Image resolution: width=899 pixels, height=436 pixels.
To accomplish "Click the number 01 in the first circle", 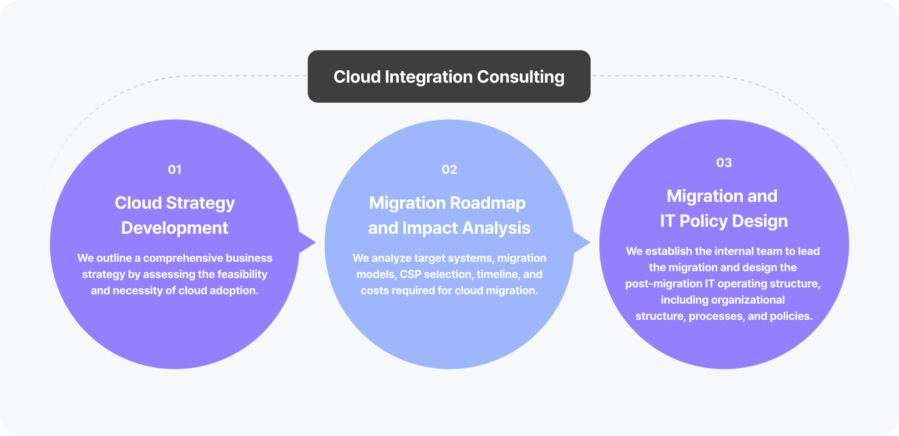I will tap(174, 170).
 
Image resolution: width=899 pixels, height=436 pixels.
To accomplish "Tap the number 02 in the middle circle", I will tap(449, 170).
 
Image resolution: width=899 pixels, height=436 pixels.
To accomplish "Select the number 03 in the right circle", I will tap(724, 163).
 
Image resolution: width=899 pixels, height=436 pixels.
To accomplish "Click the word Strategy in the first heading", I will tap(200, 203).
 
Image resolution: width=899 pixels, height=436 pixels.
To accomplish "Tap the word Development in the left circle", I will tap(174, 228).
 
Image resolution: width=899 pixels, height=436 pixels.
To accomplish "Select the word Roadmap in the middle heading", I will tap(487, 203).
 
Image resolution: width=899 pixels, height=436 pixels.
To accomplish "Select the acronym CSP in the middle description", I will tap(410, 275).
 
